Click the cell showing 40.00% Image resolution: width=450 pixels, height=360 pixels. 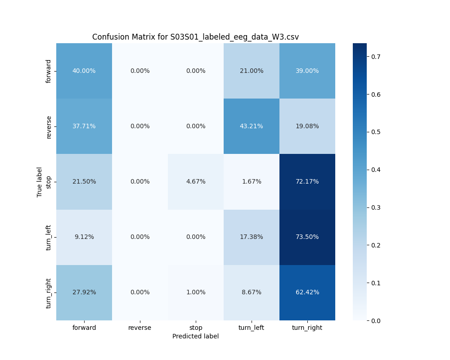click(x=84, y=71)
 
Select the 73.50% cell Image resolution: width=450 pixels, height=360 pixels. click(x=307, y=237)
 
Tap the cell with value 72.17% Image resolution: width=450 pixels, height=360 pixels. click(x=307, y=181)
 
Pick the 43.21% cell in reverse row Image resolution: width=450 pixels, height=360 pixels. click(x=251, y=126)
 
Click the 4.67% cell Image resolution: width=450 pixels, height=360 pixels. click(x=196, y=181)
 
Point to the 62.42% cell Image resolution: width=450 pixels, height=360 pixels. click(x=307, y=292)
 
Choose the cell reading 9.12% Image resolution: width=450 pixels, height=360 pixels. click(x=84, y=237)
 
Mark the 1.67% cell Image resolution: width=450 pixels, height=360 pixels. click(x=251, y=181)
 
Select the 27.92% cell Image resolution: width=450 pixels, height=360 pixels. click(x=84, y=292)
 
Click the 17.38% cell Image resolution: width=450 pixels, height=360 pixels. click(x=251, y=237)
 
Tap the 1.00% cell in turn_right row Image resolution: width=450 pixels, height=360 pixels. click(x=196, y=292)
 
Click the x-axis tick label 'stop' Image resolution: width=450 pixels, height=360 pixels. click(x=196, y=328)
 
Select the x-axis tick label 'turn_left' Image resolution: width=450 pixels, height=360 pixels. click(x=251, y=328)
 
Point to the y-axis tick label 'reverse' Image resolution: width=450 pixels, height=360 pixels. click(x=49, y=126)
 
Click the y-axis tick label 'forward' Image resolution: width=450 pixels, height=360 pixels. click(x=49, y=71)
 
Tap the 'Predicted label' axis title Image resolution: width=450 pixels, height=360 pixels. click(x=195, y=336)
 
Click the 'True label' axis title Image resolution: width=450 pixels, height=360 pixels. click(x=40, y=182)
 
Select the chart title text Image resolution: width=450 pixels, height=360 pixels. click(x=195, y=37)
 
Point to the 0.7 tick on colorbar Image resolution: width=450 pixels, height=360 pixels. click(x=375, y=57)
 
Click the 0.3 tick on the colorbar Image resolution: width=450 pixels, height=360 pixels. click(x=375, y=207)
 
